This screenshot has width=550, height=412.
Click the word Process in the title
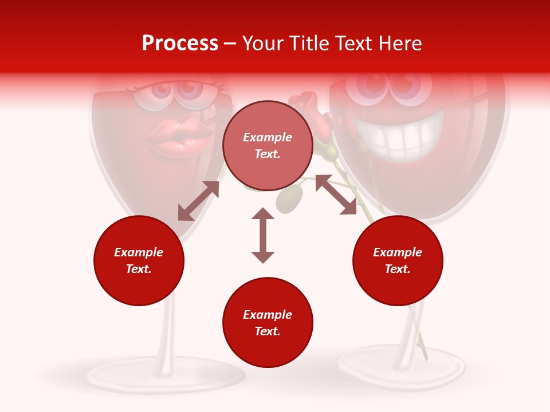180,43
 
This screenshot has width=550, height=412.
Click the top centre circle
268,145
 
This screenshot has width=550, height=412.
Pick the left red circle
139,260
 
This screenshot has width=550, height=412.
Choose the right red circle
398,260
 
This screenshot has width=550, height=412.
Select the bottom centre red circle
268,322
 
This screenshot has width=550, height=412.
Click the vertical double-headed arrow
263,235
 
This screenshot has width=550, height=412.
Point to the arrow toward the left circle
198,201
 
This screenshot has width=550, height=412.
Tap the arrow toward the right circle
336,195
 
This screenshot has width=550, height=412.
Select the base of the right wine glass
401,366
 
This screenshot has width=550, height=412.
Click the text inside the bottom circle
268,323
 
